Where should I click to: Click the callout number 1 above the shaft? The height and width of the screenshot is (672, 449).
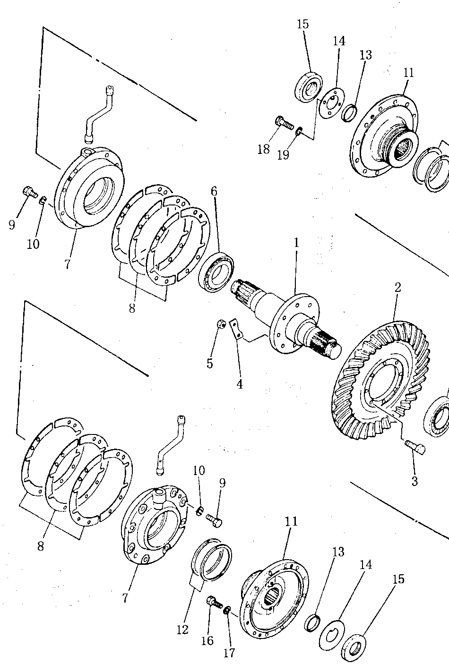pyautogui.click(x=296, y=243)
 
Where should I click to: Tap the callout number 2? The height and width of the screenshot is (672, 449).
pyautogui.click(x=397, y=288)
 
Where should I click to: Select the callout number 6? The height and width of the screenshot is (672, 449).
pyautogui.click(x=214, y=191)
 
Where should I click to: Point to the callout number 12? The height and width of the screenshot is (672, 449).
pyautogui.click(x=182, y=629)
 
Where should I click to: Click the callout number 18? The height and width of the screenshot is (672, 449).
pyautogui.click(x=264, y=149)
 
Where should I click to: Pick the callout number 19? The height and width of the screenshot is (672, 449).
pyautogui.click(x=283, y=155)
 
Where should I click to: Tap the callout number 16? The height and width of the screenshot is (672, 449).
pyautogui.click(x=207, y=641)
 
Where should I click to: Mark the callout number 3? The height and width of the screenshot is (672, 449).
pyautogui.click(x=414, y=481)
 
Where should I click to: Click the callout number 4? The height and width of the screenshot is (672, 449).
pyautogui.click(x=240, y=384)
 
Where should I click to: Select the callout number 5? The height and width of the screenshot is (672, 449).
pyautogui.click(x=210, y=364)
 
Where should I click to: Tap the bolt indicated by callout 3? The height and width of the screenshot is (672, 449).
pyautogui.click(x=415, y=447)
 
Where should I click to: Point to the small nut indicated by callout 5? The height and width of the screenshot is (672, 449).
pyautogui.click(x=221, y=324)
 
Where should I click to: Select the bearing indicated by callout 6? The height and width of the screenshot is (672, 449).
pyautogui.click(x=216, y=272)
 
